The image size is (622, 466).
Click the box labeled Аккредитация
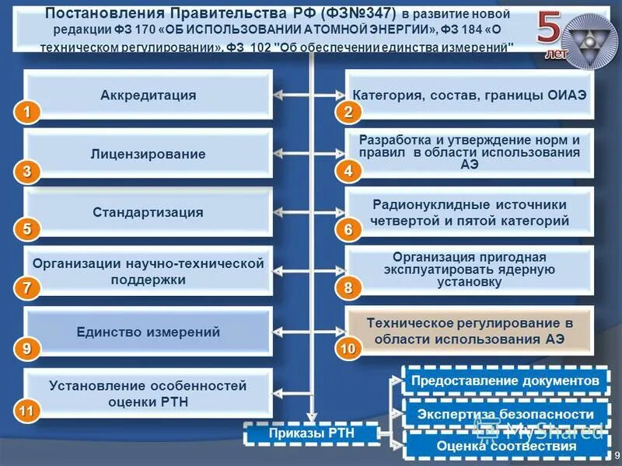click(148, 96)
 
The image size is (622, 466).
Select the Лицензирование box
click(148, 155)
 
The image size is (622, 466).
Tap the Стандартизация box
click(148, 213)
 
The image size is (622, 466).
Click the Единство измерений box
click(148, 332)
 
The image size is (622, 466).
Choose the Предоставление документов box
click(505, 381)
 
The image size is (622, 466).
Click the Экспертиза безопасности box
click(505, 414)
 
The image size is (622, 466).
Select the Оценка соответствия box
click(505, 446)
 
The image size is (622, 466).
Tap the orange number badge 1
click(27, 113)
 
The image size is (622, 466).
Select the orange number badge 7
click(27, 288)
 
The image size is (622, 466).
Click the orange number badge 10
click(347, 349)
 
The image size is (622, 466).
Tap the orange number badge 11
click(27, 409)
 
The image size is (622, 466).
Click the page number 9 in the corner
click(616, 456)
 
